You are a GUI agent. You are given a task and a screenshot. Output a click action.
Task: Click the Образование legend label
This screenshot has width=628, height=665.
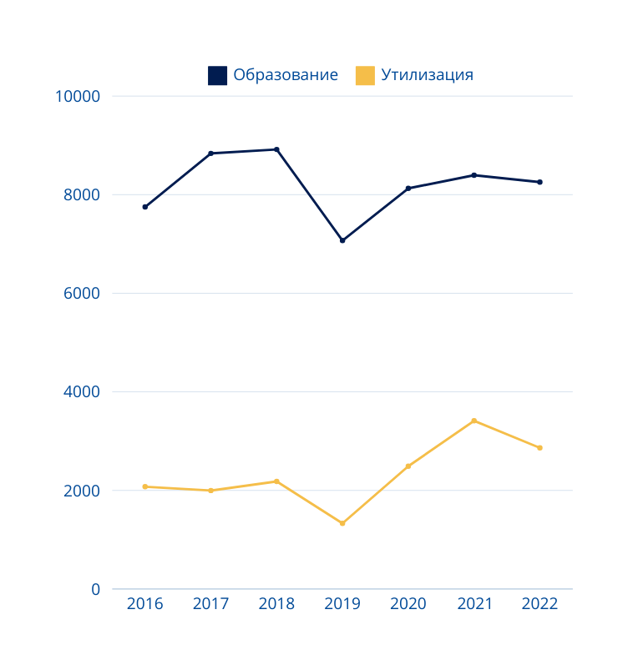[x=286, y=75]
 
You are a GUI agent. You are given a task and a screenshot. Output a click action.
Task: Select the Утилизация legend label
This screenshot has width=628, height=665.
[x=427, y=75]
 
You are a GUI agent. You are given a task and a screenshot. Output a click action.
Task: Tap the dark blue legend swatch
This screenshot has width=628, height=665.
[x=217, y=76]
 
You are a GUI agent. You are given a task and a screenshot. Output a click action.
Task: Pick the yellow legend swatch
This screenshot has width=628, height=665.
[x=365, y=76]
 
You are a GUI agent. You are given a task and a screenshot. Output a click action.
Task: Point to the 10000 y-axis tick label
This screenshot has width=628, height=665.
[x=77, y=97]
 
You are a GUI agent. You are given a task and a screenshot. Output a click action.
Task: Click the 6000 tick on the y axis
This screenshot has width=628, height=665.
[x=83, y=294]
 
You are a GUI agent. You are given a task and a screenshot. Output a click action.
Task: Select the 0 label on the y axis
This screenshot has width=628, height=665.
[x=95, y=590]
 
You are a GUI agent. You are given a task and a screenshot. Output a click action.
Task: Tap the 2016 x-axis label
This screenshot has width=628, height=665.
[x=144, y=604]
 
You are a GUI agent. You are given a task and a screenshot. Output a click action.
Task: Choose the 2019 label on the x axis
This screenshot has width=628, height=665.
[x=342, y=604]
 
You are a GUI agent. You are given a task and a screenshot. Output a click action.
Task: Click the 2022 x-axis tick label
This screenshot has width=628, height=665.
[x=539, y=604]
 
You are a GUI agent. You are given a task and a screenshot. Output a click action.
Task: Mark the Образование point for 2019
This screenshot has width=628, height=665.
[x=342, y=240]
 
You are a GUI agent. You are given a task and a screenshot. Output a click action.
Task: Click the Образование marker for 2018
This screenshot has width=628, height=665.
[x=276, y=149]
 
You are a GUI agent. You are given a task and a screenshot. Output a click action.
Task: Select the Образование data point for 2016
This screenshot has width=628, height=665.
[x=144, y=207]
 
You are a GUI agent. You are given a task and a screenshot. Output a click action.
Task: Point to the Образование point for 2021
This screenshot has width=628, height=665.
[x=474, y=175]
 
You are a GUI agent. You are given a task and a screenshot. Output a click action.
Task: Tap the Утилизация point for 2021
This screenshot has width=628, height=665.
[x=474, y=421]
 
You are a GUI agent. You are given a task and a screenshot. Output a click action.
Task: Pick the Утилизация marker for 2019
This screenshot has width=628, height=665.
[x=342, y=523]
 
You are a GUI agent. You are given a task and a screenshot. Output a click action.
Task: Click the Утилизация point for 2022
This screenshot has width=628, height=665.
[x=539, y=448]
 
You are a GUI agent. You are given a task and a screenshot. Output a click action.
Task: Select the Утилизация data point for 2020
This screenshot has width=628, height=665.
[x=408, y=466]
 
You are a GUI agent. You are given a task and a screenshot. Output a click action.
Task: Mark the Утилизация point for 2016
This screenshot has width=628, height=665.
[x=144, y=486]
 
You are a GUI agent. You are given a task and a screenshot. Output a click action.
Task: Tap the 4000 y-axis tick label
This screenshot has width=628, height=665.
[x=83, y=392]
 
